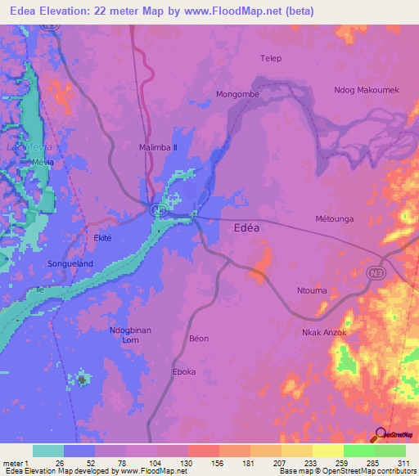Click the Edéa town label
click(x=241, y=229)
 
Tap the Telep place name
click(x=270, y=58)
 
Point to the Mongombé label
click(x=237, y=95)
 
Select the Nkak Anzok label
click(x=325, y=333)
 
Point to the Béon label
click(x=199, y=339)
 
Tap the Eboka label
click(x=184, y=372)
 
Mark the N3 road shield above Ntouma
click(x=376, y=274)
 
